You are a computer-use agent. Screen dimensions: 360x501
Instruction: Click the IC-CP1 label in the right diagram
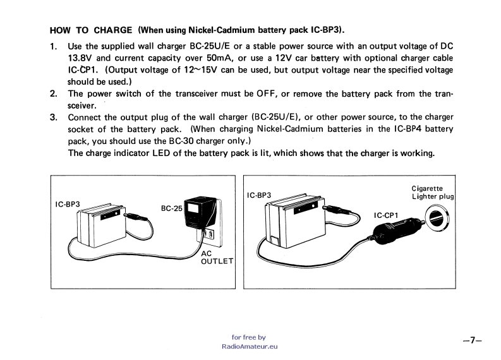click(x=385, y=215)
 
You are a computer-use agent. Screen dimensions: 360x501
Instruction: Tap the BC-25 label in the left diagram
click(x=171, y=208)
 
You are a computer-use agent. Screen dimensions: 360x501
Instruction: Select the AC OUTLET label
click(x=217, y=256)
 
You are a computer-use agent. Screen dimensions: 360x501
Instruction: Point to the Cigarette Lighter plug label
click(x=432, y=192)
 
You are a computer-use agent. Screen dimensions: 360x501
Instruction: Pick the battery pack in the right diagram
click(x=292, y=221)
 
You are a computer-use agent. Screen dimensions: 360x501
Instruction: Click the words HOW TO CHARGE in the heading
click(x=91, y=30)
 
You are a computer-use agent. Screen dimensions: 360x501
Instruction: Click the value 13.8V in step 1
click(x=81, y=58)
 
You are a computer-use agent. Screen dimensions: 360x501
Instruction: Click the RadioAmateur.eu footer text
click(x=250, y=347)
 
